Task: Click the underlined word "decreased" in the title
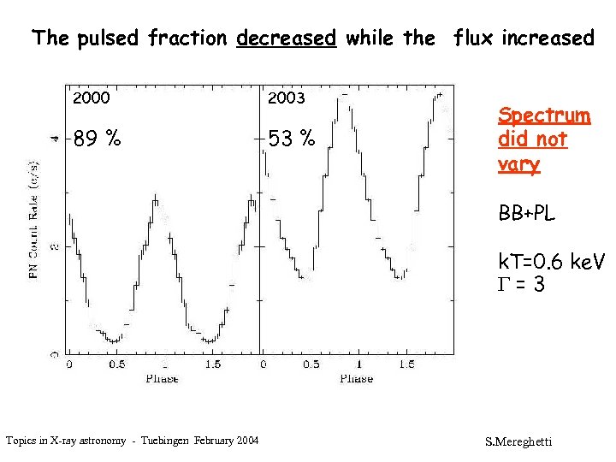tap(286, 38)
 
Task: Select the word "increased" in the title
tap(548, 38)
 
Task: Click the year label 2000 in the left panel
tap(92, 98)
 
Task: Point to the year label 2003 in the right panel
tap(287, 98)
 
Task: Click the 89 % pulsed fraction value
tap(96, 137)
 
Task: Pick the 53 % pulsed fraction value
tap(291, 137)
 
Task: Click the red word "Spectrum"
tap(544, 115)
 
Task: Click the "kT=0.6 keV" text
tap(551, 262)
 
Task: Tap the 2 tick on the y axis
tap(55, 246)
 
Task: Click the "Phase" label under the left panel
tap(162, 377)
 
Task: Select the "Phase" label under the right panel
tap(356, 377)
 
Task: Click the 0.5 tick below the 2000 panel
tap(116, 364)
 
